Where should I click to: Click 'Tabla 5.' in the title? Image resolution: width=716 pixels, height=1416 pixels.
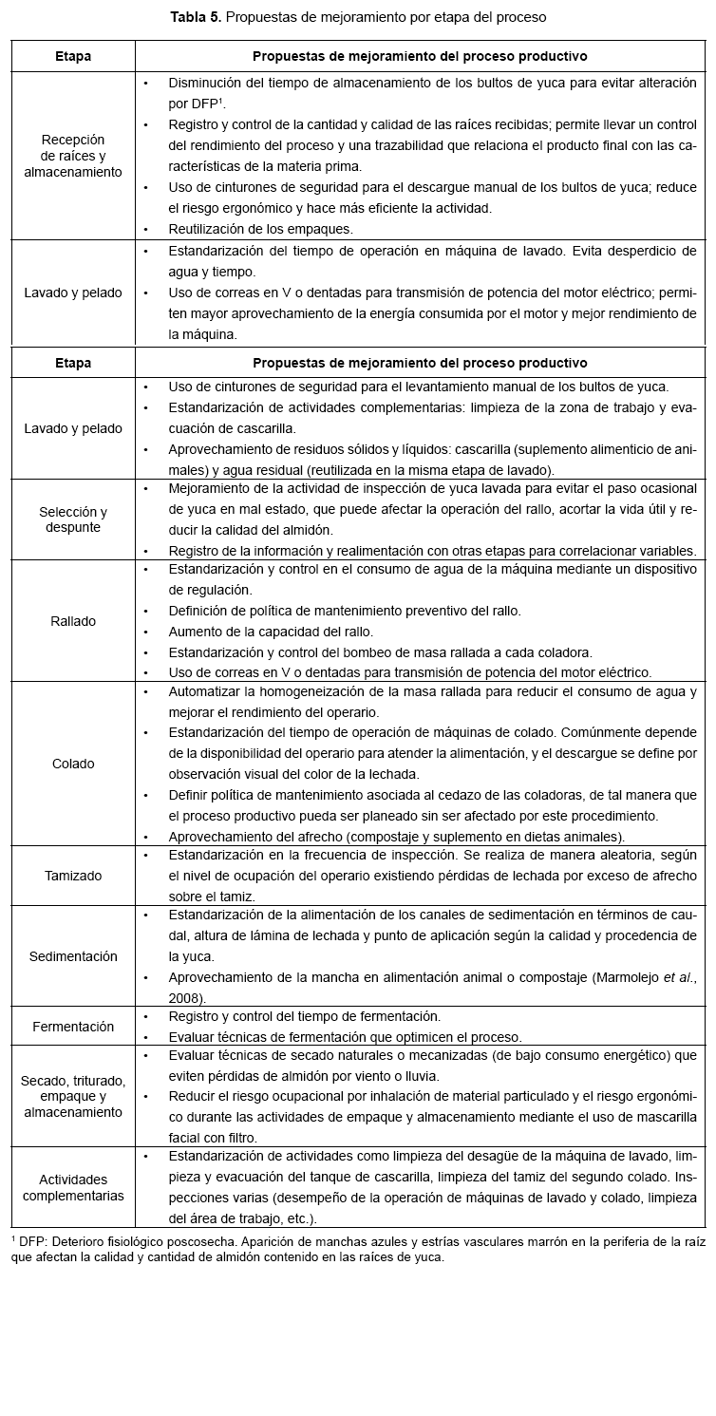pos(197,17)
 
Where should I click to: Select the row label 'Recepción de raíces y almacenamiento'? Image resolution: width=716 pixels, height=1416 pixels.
pos(73,156)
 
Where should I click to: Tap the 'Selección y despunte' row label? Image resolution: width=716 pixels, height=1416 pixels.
pos(73,519)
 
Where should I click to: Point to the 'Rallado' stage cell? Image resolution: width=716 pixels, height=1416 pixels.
pos(73,621)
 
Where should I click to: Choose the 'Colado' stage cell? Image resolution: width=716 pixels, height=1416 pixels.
pos(73,764)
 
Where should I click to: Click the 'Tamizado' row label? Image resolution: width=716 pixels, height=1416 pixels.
pos(73,876)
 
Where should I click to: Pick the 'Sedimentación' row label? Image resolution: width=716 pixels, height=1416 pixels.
pos(73,956)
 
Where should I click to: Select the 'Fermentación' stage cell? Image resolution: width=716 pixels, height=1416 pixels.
pos(73,1027)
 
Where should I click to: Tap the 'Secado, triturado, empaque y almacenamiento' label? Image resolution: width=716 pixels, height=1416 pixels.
pos(73,1096)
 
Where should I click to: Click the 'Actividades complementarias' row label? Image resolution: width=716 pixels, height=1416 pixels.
pos(73,1187)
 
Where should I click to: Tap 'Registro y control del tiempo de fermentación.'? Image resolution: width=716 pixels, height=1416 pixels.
pos(304,1016)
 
